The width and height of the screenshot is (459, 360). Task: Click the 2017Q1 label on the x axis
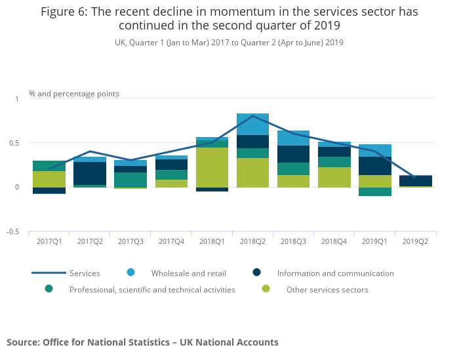click(x=49, y=241)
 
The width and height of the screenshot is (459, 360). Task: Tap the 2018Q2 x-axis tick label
click(x=252, y=241)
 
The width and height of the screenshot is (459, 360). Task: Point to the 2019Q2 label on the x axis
click(x=415, y=241)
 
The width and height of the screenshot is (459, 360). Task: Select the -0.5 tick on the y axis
click(x=13, y=232)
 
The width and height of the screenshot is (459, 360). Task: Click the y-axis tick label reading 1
click(x=17, y=99)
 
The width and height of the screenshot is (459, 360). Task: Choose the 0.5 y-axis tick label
click(x=14, y=143)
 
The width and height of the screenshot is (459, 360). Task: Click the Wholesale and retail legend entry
click(x=180, y=273)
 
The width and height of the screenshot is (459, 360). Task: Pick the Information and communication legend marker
click(x=258, y=273)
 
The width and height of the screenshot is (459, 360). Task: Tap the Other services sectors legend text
click(x=327, y=289)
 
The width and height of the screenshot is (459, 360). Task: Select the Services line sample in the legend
click(x=49, y=273)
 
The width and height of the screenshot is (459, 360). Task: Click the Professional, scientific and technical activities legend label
click(x=152, y=289)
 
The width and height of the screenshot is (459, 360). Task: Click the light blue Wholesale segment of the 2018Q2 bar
click(x=252, y=124)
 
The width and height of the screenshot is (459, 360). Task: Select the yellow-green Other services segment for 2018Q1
click(x=212, y=167)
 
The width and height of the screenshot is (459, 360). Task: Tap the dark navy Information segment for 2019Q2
click(x=415, y=180)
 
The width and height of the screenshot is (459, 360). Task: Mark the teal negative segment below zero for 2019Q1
click(x=374, y=191)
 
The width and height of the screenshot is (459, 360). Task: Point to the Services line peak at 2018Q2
click(x=252, y=116)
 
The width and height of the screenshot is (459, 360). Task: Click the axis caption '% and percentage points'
click(x=74, y=94)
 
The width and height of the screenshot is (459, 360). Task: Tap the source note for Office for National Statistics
click(x=142, y=342)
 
